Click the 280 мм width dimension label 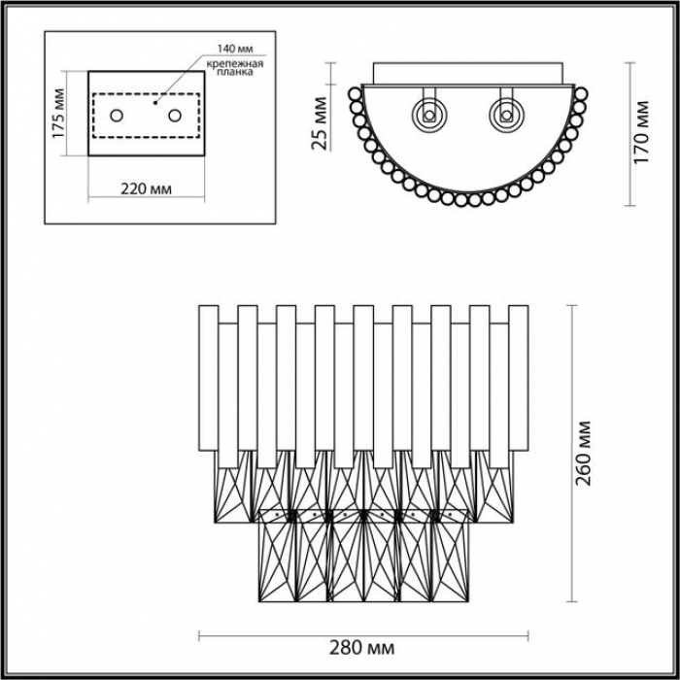coord(361,648)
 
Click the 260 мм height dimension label coord(584,453)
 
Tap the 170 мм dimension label coord(641,132)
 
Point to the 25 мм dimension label coord(320,123)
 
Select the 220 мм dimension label coord(146,189)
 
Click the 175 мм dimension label coord(58,114)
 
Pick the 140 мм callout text coord(235,49)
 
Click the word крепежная coord(235,64)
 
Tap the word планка coord(235,73)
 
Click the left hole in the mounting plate coord(117,116)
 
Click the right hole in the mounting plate coord(175,116)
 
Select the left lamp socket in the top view coord(429,116)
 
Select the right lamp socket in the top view coord(506,116)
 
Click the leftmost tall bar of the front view coord(209,378)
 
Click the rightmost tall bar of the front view coord(518,378)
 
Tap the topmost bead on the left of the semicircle coord(356,93)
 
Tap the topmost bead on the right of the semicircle coord(581,93)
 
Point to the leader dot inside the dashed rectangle coord(154,103)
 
